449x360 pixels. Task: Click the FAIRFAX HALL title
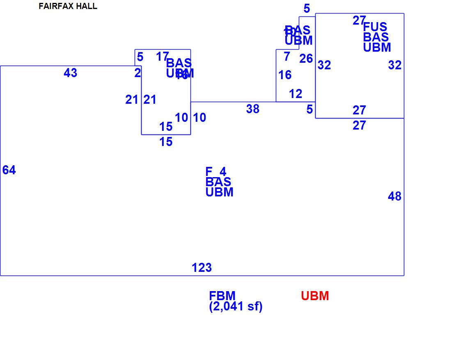[68, 7]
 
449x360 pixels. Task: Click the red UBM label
[315, 296]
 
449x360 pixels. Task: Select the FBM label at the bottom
[222, 296]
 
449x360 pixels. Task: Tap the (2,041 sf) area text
[236, 306]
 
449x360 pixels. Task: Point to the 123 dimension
[202, 268]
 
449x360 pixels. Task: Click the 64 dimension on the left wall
[9, 170]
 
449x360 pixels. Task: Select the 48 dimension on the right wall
[394, 197]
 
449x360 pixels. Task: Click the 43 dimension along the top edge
[70, 73]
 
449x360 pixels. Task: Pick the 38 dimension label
[253, 109]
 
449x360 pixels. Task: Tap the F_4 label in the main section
[216, 172]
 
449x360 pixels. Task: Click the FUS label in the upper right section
[375, 27]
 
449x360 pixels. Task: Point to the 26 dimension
[306, 59]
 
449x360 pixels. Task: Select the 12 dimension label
[296, 94]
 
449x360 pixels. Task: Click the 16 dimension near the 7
[285, 75]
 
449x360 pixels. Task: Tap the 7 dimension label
[287, 57]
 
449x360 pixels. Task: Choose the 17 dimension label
[162, 57]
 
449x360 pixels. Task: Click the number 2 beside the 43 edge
[137, 73]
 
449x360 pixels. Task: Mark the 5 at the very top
[307, 8]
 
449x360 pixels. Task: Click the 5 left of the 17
[140, 57]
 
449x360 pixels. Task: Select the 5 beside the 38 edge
[309, 109]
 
